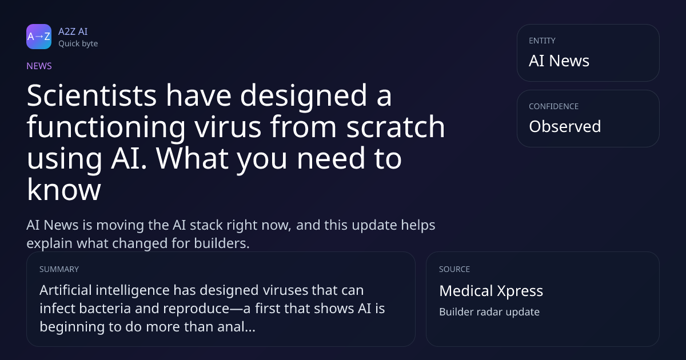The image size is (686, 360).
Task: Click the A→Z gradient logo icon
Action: tap(39, 37)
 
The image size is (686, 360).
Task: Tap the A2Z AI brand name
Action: tap(73, 31)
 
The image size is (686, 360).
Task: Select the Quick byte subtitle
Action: tap(78, 44)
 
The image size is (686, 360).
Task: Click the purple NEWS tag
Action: tap(39, 66)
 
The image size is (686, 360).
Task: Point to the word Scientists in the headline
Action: tap(91, 95)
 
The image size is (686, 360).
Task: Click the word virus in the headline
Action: tap(228, 127)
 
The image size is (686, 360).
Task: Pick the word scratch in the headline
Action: tap(396, 126)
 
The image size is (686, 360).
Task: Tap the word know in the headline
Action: tap(64, 190)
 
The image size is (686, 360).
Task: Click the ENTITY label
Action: tap(542, 41)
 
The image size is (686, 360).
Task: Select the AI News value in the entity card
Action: tap(559, 61)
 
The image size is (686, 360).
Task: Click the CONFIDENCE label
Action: tap(554, 106)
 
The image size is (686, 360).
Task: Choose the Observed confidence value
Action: tap(565, 126)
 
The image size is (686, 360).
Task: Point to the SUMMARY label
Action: tap(59, 269)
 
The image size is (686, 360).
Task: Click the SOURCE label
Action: tap(454, 269)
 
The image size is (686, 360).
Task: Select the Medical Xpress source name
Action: tap(491, 291)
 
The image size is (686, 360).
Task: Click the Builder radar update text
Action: tap(489, 312)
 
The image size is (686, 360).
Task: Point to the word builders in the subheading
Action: tap(222, 243)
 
